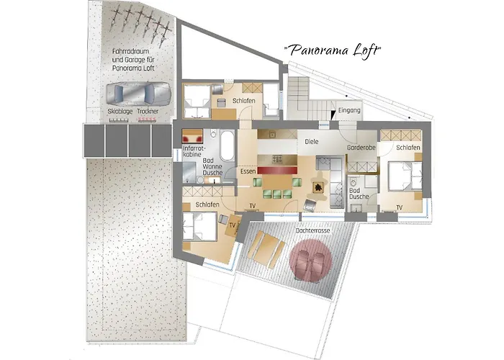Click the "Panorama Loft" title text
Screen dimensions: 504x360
(333, 51)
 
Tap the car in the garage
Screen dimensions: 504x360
(138, 94)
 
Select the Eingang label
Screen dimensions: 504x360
(349, 110)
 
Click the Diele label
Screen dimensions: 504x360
(312, 141)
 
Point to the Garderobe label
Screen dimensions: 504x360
(361, 148)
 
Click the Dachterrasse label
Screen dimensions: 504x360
(312, 230)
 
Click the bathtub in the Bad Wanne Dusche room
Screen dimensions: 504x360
(228, 145)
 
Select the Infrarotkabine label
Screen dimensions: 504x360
(194, 151)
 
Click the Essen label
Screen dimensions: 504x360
(248, 171)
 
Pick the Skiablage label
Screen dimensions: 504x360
(120, 112)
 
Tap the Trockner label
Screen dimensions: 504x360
(148, 112)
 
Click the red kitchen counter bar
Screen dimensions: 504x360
(277, 170)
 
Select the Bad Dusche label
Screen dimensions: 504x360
(359, 194)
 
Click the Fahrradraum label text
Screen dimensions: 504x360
(131, 51)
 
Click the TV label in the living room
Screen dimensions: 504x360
(253, 206)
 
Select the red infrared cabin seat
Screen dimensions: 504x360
(192, 138)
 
